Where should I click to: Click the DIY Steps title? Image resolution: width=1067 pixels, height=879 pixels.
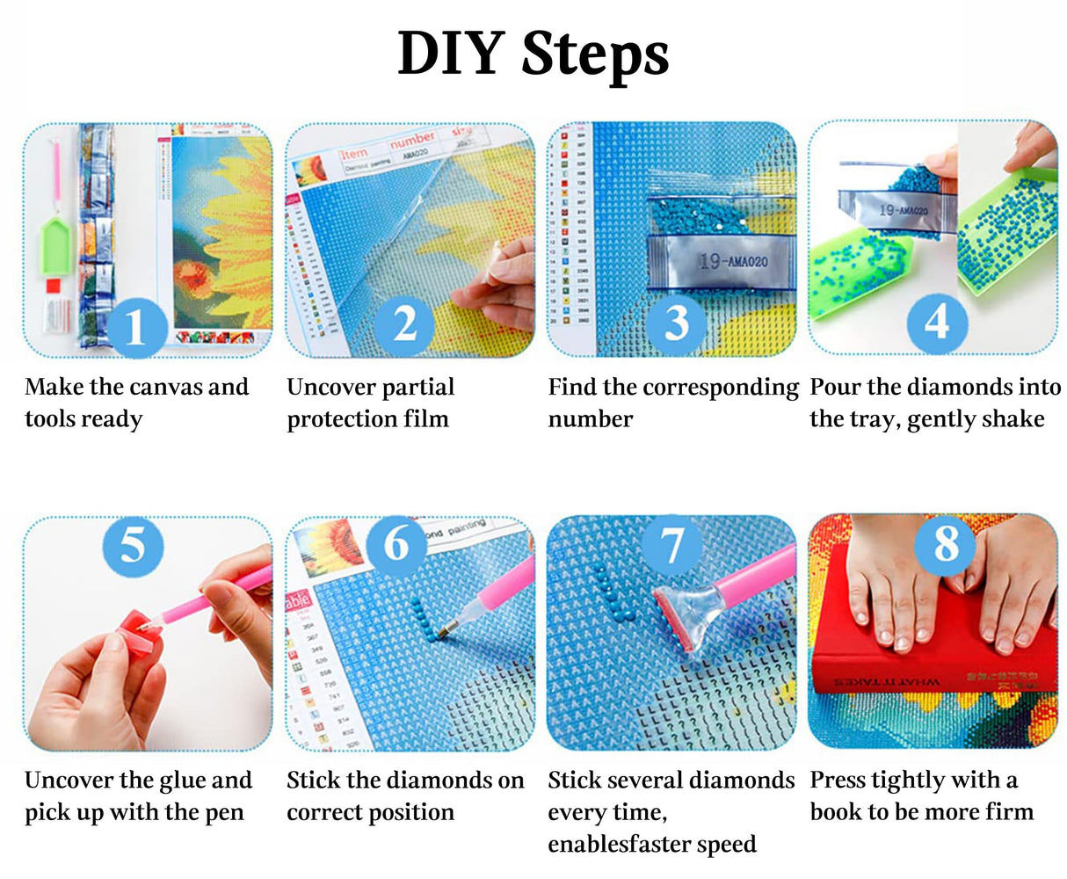click(x=533, y=54)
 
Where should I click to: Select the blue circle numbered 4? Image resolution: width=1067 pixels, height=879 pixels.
click(x=937, y=322)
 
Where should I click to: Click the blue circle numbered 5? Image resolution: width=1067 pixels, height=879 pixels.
click(x=133, y=547)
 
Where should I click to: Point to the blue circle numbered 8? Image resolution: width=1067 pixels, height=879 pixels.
click(x=945, y=545)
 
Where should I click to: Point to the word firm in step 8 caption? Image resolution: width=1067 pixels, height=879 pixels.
click(x=1009, y=812)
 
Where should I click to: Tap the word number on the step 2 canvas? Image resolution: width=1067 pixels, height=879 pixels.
click(x=412, y=141)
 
